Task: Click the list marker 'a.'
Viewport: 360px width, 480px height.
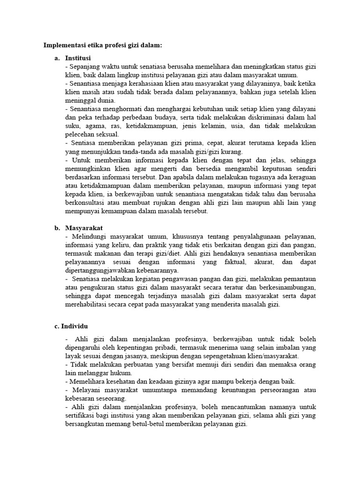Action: tap(57, 58)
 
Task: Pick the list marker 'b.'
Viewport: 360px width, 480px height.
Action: tap(57, 227)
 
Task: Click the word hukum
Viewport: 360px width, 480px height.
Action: tap(122, 373)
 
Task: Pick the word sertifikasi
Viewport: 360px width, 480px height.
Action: tap(82, 415)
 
